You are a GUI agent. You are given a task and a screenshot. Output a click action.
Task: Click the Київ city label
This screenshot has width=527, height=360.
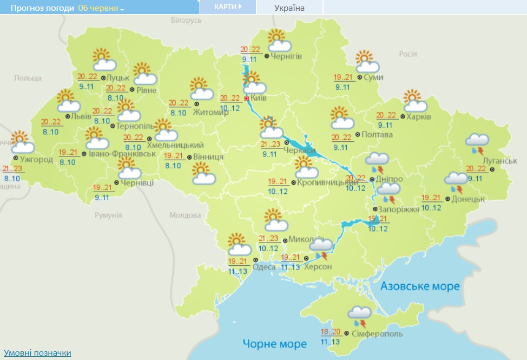coord(258,99)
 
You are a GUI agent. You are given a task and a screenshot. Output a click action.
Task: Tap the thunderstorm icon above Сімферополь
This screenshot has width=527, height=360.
coord(359,315)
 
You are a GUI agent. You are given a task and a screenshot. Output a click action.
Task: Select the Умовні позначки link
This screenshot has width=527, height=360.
coord(37,353)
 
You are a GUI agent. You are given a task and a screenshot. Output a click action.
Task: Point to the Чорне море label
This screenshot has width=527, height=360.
coord(274,343)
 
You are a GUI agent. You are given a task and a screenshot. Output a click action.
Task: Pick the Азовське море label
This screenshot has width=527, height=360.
coord(420,286)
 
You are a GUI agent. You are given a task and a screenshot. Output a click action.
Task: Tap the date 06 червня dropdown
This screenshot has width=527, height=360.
coord(101,8)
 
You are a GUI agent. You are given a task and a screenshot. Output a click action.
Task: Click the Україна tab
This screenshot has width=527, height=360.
coord(289,8)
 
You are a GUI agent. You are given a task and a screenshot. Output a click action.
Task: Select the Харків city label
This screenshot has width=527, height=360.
coord(418,117)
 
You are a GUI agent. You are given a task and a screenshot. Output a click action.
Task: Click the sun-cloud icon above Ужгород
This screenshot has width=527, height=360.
coord(22,142)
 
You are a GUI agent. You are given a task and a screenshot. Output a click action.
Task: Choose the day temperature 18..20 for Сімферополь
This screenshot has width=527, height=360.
coord(330,332)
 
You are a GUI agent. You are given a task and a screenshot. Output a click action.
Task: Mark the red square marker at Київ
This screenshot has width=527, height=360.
coord(247,99)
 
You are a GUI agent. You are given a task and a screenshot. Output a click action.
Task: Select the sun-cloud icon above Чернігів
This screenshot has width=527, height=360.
coord(276,40)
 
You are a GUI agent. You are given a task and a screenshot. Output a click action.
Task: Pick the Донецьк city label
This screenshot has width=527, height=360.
coord(469,199)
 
